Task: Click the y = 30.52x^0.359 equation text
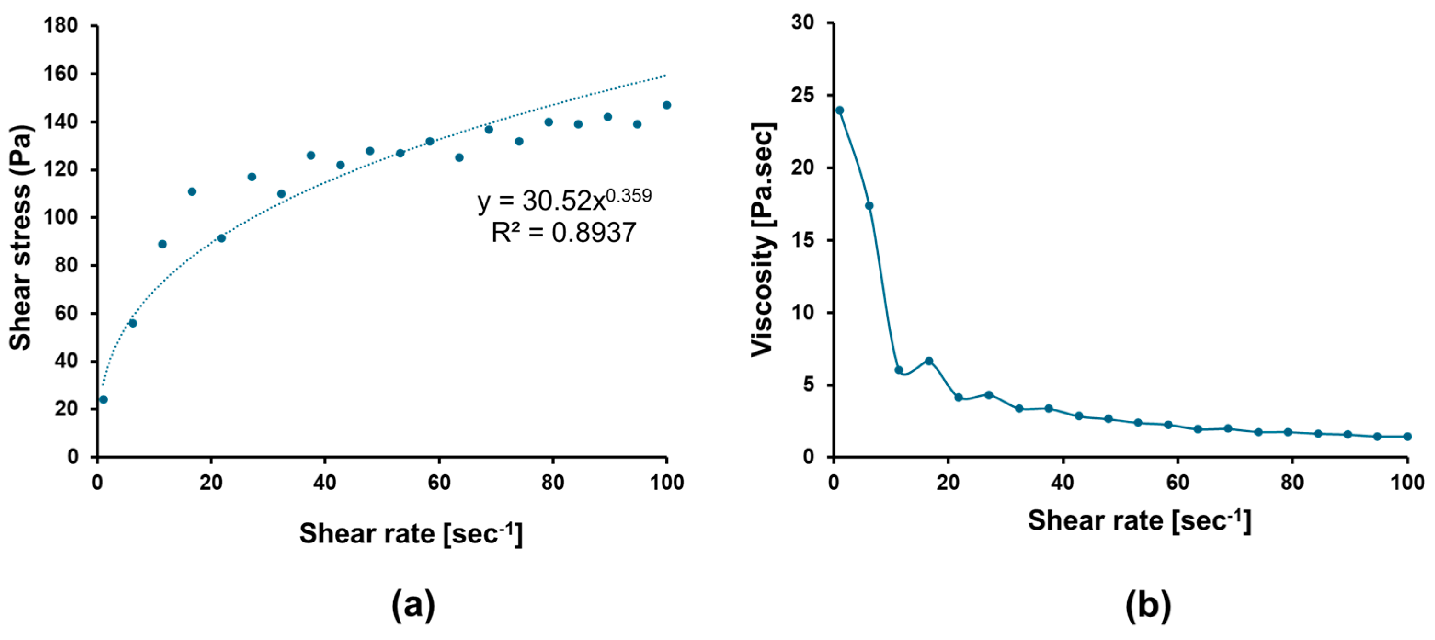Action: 564,200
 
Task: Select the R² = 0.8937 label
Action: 563,232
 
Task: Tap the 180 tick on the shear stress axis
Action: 61,26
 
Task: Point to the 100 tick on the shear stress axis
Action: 61,218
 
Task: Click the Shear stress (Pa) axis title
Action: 21,237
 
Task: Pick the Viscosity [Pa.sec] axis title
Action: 763,240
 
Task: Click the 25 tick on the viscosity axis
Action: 802,96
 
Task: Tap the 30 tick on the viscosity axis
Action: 802,23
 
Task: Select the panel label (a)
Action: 413,605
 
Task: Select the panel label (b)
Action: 1148,605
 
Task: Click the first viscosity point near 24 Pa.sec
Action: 840,110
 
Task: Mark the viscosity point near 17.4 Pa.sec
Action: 869,206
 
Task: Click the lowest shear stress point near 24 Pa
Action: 103,399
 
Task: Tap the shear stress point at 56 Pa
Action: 132,323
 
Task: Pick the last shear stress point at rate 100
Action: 667,105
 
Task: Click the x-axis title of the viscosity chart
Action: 1139,521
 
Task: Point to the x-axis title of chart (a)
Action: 411,534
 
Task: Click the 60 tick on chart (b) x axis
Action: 1178,482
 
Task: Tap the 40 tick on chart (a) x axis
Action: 325,482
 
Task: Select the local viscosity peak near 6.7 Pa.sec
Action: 929,361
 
